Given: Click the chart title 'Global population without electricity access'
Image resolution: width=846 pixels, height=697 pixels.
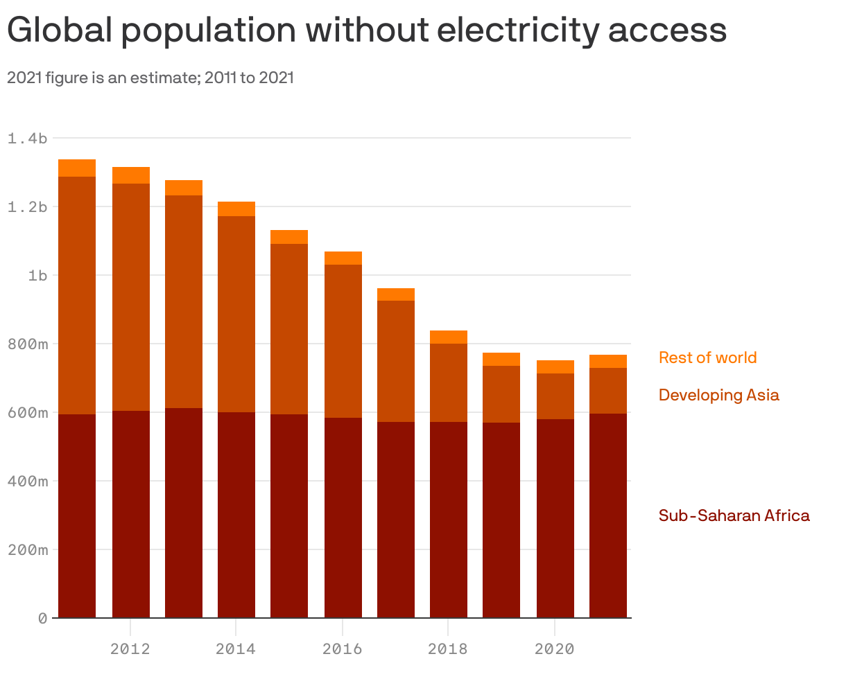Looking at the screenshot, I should point(366,30).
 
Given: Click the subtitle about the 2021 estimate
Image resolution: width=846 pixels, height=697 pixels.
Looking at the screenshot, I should point(150,78).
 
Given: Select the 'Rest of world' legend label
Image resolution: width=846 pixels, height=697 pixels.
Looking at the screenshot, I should point(707,358).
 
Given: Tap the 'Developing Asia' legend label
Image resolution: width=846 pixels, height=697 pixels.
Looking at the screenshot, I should point(718,395).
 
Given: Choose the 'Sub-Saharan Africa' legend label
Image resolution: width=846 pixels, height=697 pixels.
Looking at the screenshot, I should point(734,515).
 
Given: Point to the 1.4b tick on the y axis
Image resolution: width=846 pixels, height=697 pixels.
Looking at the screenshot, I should point(28,139).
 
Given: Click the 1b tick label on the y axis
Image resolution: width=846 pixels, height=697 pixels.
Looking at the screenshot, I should point(37,275).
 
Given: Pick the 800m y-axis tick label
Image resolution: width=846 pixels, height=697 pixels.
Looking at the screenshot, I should point(28,344).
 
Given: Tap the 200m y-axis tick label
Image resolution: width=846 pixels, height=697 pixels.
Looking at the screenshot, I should point(28,549).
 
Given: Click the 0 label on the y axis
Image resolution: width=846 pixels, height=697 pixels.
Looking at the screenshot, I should point(43,618).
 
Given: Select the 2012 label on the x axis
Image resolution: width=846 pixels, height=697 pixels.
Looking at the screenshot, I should point(130,649).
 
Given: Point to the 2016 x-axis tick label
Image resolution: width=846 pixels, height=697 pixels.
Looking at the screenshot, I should point(342,649).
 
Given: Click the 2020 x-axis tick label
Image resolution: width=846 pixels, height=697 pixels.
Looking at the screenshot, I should point(554,649).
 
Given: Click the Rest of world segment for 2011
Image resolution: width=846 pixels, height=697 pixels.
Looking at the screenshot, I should point(77,168).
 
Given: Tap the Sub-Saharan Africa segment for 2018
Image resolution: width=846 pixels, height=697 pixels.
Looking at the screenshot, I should point(449,520).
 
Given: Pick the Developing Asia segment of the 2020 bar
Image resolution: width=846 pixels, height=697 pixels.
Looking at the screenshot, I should point(555,396).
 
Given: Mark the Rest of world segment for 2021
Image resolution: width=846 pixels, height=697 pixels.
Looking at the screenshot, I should point(608,361).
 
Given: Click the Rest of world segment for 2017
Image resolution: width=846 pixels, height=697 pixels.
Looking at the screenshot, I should point(396,294).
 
